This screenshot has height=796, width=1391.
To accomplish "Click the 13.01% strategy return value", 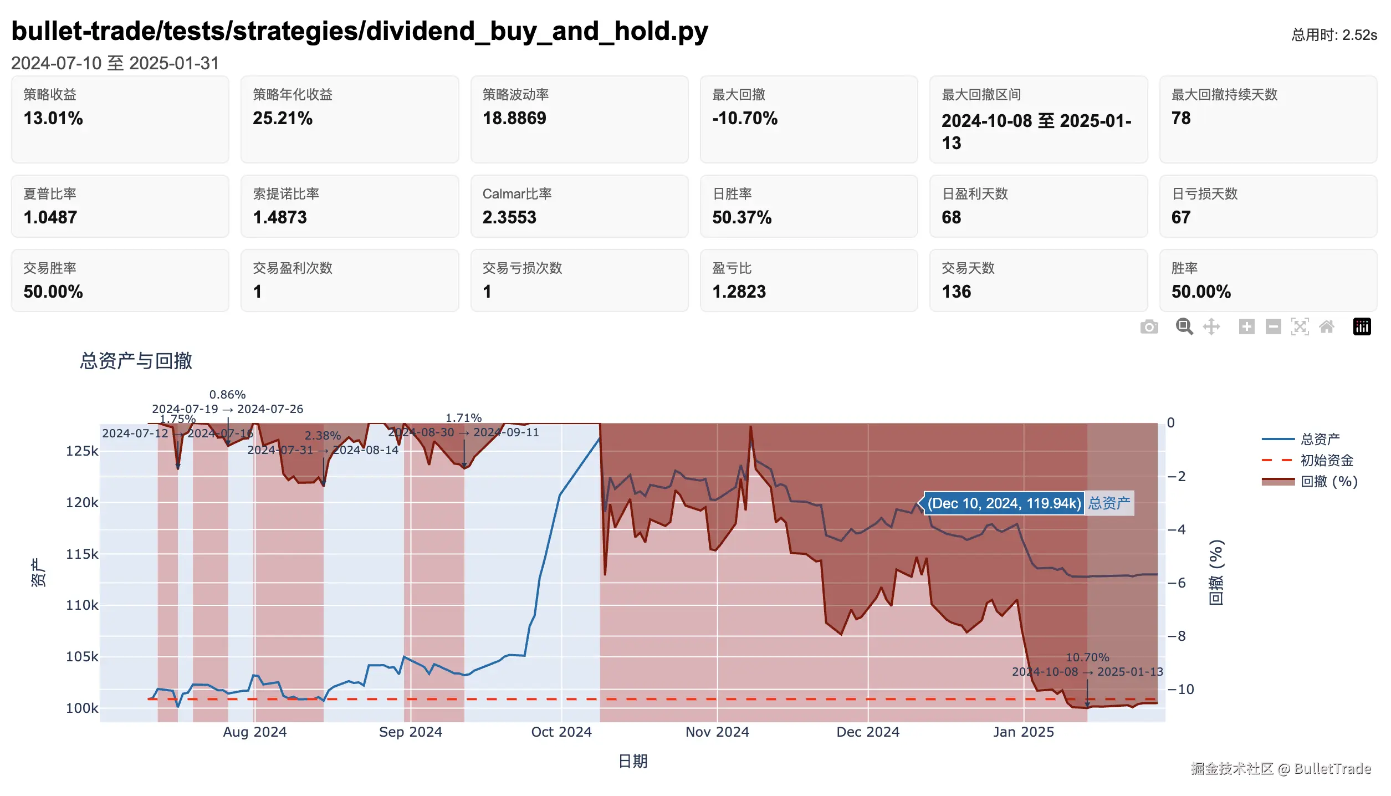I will click(53, 118).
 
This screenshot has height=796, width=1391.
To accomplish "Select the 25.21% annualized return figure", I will click(283, 118).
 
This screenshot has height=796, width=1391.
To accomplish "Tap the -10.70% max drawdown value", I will click(745, 118).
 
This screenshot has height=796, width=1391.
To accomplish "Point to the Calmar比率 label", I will click(516, 193).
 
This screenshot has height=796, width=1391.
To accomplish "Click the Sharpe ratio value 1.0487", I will click(50, 217).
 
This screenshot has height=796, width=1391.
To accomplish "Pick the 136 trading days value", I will click(956, 292).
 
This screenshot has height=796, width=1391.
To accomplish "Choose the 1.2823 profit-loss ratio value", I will click(739, 292).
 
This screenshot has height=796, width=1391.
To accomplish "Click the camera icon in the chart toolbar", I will click(1149, 327).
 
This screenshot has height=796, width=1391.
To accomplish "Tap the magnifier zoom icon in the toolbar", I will click(1184, 327).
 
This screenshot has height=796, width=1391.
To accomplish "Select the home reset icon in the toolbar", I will click(1327, 327).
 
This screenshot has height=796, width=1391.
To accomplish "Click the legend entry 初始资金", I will click(1327, 460).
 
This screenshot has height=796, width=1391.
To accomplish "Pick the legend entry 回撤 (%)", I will click(1328, 481).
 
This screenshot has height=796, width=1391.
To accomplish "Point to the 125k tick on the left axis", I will click(82, 451).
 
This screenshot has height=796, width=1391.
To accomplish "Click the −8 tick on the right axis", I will click(1177, 636).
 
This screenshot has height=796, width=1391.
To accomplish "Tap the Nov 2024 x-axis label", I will click(717, 732).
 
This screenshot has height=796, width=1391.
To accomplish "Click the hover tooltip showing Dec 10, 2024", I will click(1004, 503).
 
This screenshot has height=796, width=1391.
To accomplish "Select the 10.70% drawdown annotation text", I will click(1087, 657).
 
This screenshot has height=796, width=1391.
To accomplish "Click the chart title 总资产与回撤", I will click(136, 361).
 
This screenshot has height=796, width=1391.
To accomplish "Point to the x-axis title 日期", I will click(632, 761).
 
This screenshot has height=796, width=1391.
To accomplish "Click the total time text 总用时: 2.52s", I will click(1333, 35).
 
